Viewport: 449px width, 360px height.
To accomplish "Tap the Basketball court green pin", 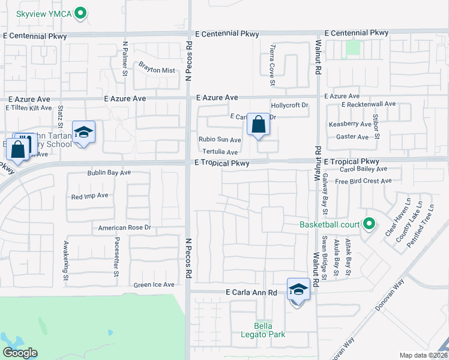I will coord(370,226).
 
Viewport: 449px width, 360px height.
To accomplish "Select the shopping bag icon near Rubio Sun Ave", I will coord(258,125).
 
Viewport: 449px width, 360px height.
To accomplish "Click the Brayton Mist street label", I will coord(157,70).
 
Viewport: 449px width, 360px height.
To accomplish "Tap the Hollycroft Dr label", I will coord(289,105).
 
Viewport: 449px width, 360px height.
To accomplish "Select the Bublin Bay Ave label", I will coord(109,173).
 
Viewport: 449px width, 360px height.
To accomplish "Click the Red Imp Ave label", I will coord(89,196).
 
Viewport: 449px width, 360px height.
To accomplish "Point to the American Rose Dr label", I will coord(125,228).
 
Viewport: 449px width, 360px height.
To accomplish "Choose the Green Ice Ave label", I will coord(154,285).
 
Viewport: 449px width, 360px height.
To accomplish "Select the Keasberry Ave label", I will coord(350,124).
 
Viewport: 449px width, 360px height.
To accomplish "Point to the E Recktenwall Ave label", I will coord(369,104).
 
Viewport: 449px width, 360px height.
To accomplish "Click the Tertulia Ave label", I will coord(220,152).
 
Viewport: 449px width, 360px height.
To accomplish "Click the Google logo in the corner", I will coord(20,353).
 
